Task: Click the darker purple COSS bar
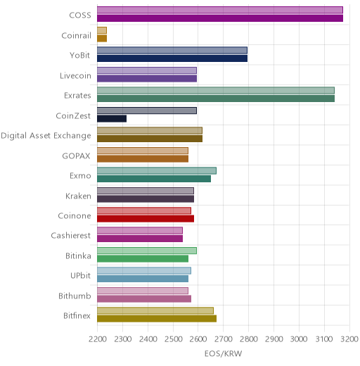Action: (220, 18)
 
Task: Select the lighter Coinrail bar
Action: (102, 30)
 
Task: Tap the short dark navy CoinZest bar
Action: (112, 118)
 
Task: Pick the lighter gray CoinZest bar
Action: (147, 111)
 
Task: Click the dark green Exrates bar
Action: (216, 99)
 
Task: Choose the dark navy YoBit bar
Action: (172, 58)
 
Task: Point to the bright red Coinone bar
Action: (146, 219)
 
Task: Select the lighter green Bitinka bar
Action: (147, 251)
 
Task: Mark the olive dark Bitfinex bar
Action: (157, 319)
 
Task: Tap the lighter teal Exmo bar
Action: (157, 170)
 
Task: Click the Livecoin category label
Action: (75, 76)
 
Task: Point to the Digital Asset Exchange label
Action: (46, 136)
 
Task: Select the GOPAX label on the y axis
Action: (77, 156)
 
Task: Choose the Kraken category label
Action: (78, 196)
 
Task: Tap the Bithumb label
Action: (75, 296)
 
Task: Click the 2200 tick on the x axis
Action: (97, 339)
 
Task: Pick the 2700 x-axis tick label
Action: (224, 339)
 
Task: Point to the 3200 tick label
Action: (349, 339)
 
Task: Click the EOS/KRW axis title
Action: (223, 353)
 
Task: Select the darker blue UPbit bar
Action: (143, 279)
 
